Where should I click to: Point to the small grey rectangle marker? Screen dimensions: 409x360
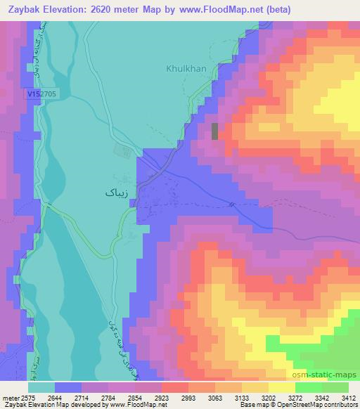(x=215, y=131)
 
